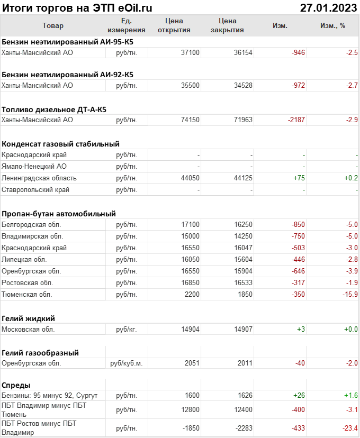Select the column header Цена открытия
(174, 25)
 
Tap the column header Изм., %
(332, 25)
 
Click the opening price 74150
(190, 120)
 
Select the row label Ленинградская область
(39, 178)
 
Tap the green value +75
(299, 178)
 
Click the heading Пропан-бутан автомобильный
(59, 214)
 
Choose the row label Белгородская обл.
(31, 225)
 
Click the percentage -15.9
(349, 294)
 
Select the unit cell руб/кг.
(127, 330)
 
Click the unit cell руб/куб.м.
(126, 363)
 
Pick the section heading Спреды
(16, 385)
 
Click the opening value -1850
(189, 428)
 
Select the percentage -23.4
(349, 428)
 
